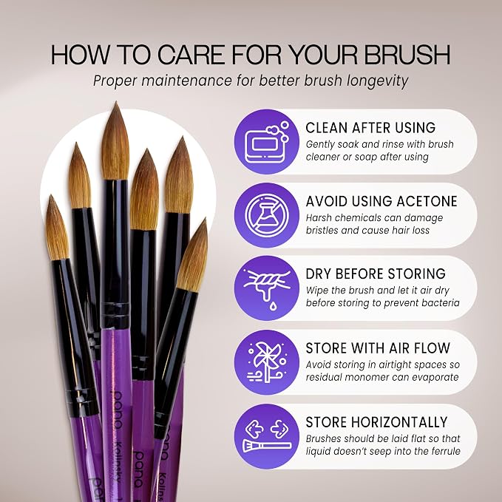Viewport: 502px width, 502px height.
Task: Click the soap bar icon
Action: click(x=267, y=142)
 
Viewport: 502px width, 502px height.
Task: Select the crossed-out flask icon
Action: click(x=267, y=215)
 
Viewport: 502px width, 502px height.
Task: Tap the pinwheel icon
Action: click(x=267, y=362)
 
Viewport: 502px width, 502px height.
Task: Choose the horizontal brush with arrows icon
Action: click(x=267, y=436)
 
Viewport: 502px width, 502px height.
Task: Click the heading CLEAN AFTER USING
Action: click(x=370, y=128)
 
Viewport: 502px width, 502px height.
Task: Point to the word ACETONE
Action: click(x=427, y=201)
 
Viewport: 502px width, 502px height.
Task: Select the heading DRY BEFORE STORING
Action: click(x=376, y=274)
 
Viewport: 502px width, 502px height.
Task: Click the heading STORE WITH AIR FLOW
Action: click(x=378, y=348)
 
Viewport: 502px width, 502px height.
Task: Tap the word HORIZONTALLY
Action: click(x=399, y=422)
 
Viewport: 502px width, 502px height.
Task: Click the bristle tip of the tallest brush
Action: click(x=116, y=103)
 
